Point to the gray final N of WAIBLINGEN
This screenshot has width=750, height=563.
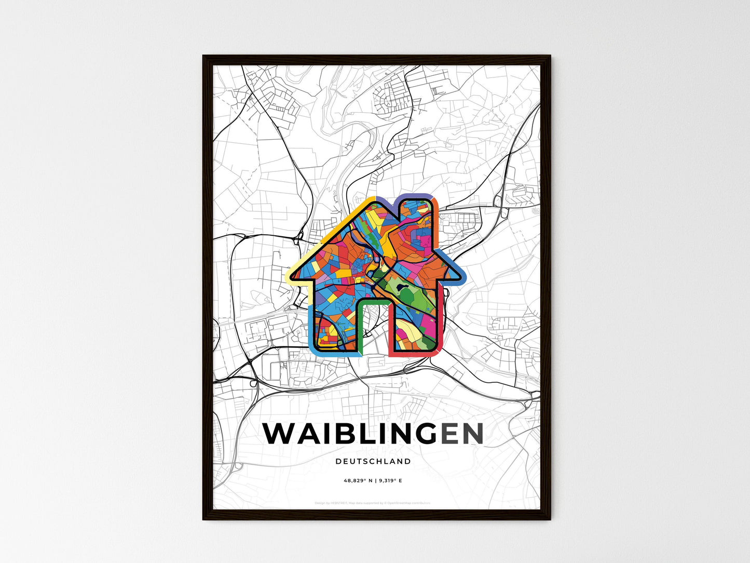coord(472,434)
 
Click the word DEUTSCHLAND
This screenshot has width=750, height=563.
coord(373,461)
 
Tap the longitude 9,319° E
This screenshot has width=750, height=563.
coord(390,481)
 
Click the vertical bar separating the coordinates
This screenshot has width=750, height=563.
coord(374,481)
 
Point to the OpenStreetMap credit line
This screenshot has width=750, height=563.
coord(373,503)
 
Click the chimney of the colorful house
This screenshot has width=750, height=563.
coord(416,218)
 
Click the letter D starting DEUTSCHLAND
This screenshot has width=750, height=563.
coord(338,461)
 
